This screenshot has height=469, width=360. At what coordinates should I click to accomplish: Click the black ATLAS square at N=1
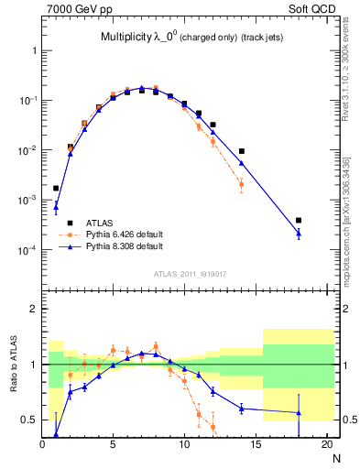56,188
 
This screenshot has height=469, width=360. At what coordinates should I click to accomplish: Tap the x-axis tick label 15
256,446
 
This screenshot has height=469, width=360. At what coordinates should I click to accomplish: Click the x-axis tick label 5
113,446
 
